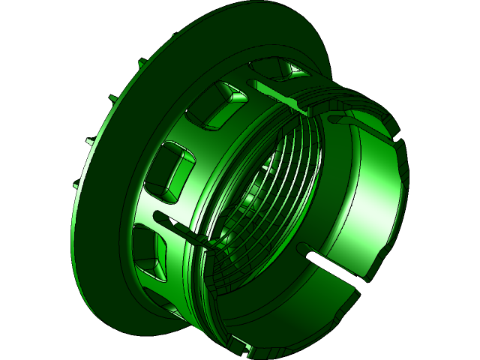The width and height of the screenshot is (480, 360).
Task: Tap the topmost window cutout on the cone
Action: (x=278, y=69)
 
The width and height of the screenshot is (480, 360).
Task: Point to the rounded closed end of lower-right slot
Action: (x=304, y=248)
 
